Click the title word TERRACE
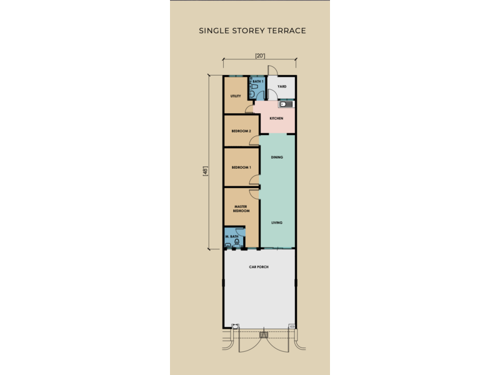(x=287, y=31)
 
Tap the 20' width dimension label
(x=260, y=56)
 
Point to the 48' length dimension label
(x=205, y=171)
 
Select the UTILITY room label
(x=236, y=96)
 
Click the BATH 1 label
(x=258, y=82)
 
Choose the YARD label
(x=282, y=86)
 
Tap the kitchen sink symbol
(x=286, y=104)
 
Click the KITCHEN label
(x=276, y=118)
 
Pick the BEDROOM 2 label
(x=241, y=131)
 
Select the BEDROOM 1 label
(x=241, y=167)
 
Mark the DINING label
(x=277, y=157)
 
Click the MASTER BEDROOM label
(x=241, y=209)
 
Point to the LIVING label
(x=277, y=222)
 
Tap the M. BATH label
(x=232, y=237)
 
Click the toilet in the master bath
(x=237, y=242)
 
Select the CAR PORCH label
(x=259, y=267)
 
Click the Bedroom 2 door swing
(x=254, y=140)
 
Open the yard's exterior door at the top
(x=272, y=71)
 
